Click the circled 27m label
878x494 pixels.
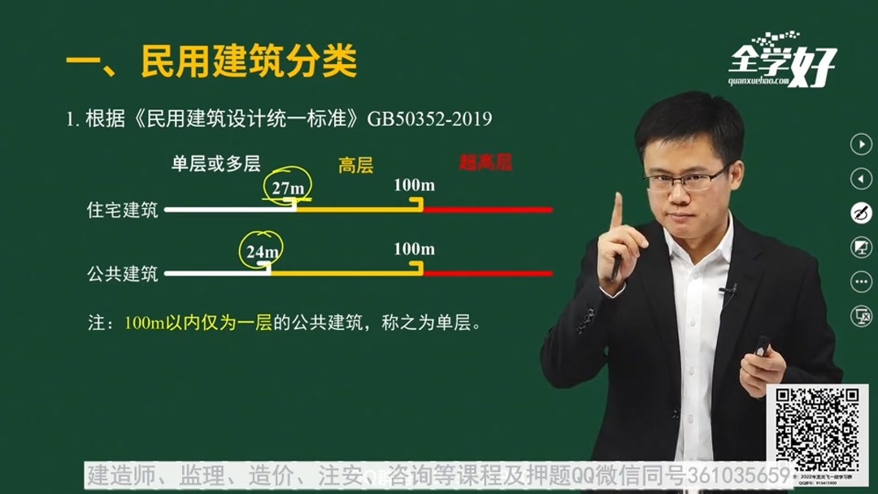(x=288, y=188)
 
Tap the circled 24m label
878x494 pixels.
(x=262, y=251)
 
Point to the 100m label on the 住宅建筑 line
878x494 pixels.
(x=414, y=185)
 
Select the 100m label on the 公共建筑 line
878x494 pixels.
(x=414, y=249)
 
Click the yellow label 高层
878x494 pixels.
(x=355, y=166)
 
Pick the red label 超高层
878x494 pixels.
(x=485, y=162)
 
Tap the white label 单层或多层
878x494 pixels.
(x=215, y=163)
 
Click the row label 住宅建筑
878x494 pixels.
(x=123, y=210)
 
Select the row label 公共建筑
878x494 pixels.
(x=123, y=274)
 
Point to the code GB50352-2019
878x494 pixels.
(x=429, y=119)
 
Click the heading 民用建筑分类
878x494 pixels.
(x=249, y=63)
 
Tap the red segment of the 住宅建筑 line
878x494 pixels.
(x=488, y=210)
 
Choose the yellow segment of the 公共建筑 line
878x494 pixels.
(x=346, y=274)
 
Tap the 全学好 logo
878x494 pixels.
(x=781, y=62)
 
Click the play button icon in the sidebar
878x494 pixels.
(x=860, y=144)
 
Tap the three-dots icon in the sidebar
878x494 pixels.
(x=860, y=282)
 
